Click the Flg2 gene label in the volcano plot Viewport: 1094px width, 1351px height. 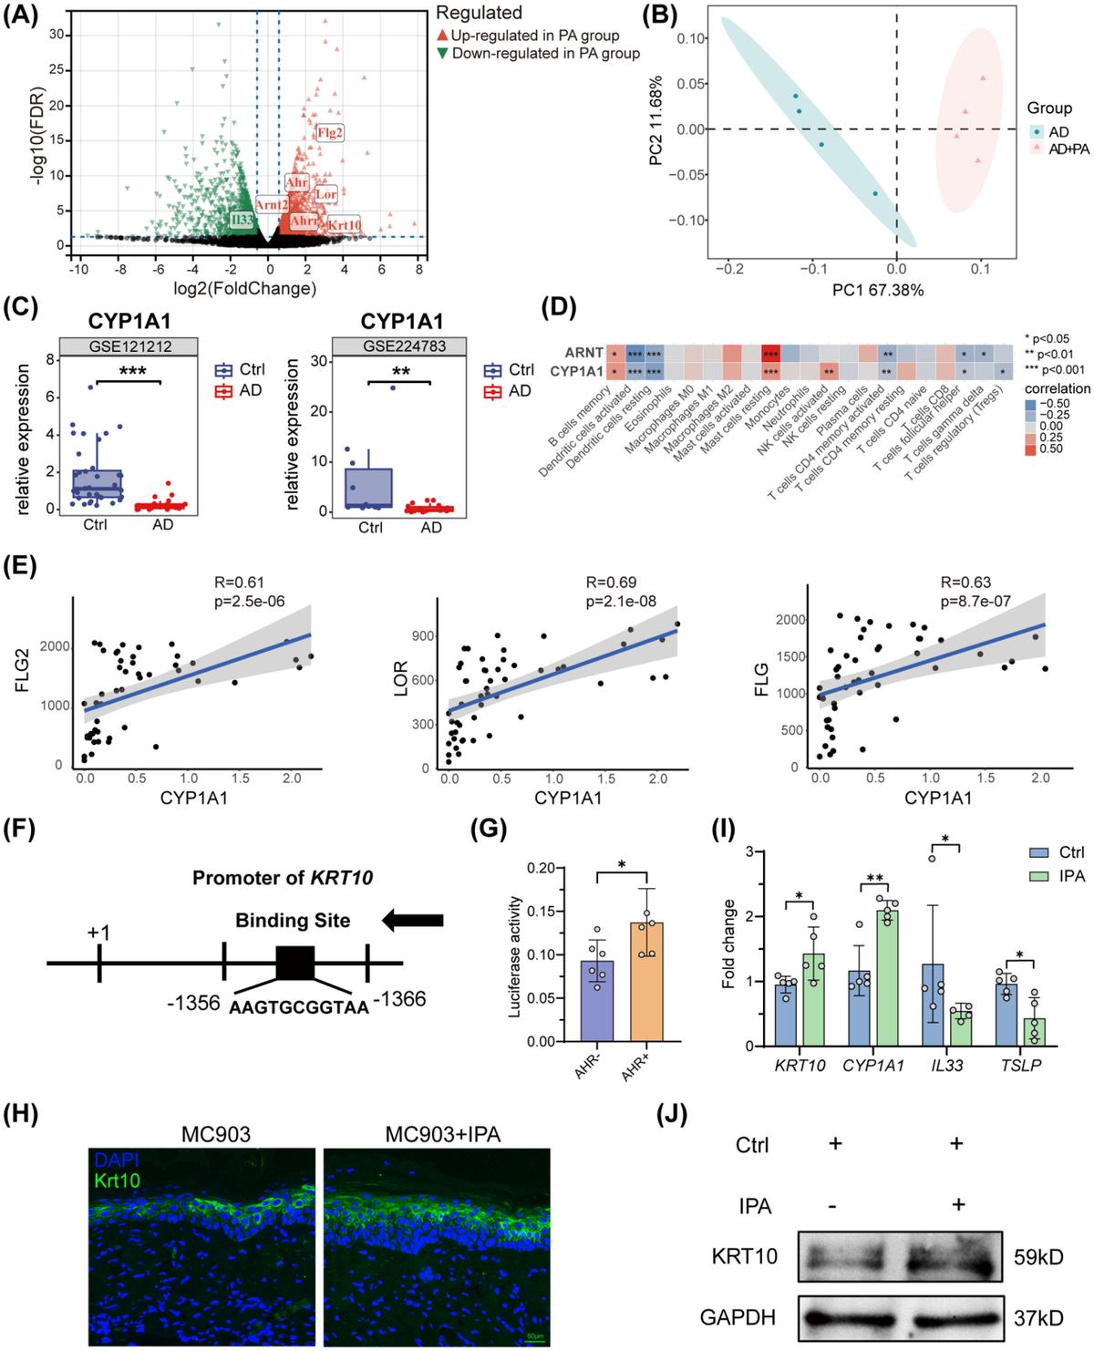329,133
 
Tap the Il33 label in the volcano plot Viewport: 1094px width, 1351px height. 242,220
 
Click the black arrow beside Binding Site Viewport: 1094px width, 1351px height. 413,922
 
